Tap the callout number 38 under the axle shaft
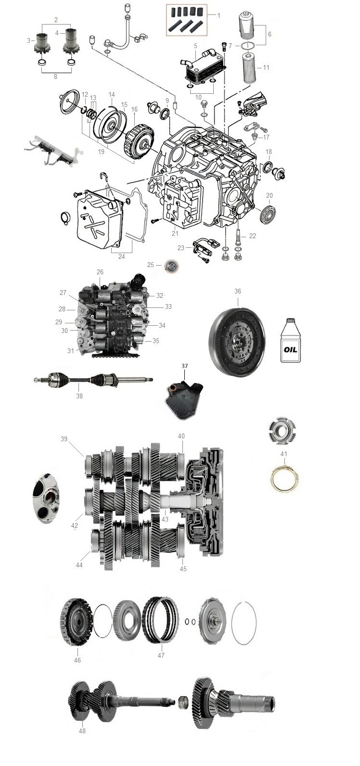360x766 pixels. coord(79,396)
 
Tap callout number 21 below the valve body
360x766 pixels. coord(175,233)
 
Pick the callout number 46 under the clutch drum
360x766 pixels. coord(77,660)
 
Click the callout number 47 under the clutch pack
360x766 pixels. coord(161,655)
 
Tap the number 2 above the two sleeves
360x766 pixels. coord(56,20)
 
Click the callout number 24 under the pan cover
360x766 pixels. coord(121,256)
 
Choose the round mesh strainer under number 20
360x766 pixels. coord(268,215)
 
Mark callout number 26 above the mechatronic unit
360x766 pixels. coord(100,272)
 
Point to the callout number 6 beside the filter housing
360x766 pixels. coord(270,34)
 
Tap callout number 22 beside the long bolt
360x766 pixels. coord(253,236)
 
